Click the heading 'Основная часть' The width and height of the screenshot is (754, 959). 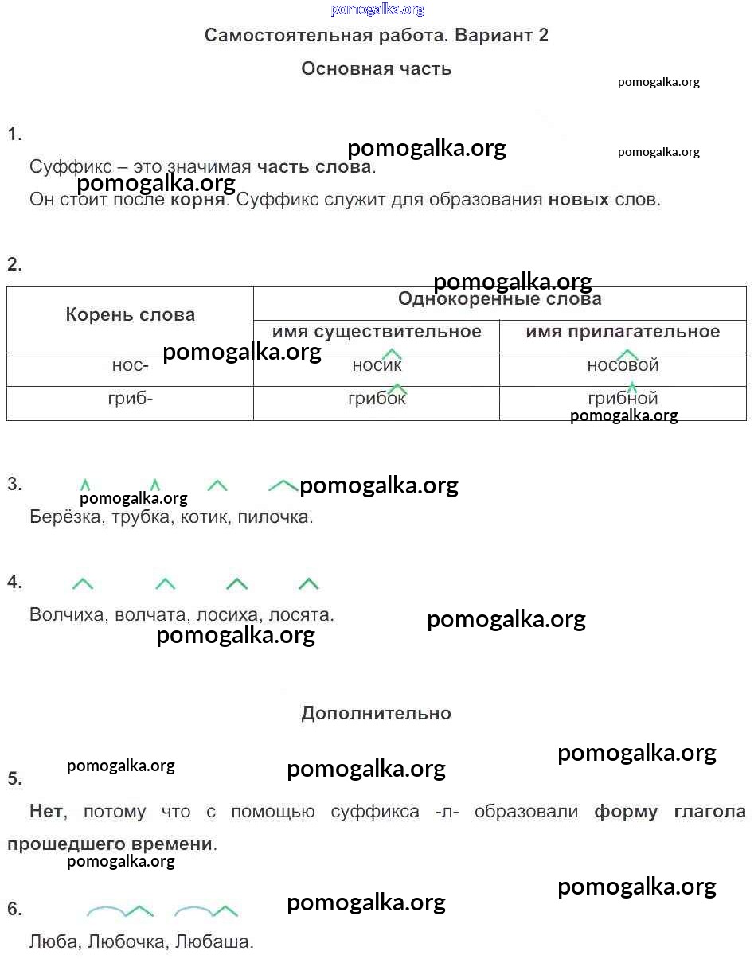[376, 69]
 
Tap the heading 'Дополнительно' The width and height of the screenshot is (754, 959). [376, 713]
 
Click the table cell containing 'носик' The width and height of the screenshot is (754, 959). [377, 369]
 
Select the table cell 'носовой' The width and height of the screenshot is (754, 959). [623, 369]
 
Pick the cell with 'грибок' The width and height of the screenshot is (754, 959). [377, 403]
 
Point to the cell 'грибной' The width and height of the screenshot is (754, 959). [623, 403]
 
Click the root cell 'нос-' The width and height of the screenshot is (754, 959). [131, 369]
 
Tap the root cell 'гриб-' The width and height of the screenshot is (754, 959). [131, 403]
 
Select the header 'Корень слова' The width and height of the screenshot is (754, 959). [131, 314]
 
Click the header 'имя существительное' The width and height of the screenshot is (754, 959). [377, 331]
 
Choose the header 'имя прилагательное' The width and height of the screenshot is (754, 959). [623, 331]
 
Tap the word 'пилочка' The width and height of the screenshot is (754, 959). [273, 517]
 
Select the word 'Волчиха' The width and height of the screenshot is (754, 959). [66, 614]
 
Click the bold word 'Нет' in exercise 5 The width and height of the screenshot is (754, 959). [46, 811]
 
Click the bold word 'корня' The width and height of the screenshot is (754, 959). [197, 200]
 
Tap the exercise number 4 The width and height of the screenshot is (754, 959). [14, 582]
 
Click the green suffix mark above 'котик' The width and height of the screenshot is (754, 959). [217, 485]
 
